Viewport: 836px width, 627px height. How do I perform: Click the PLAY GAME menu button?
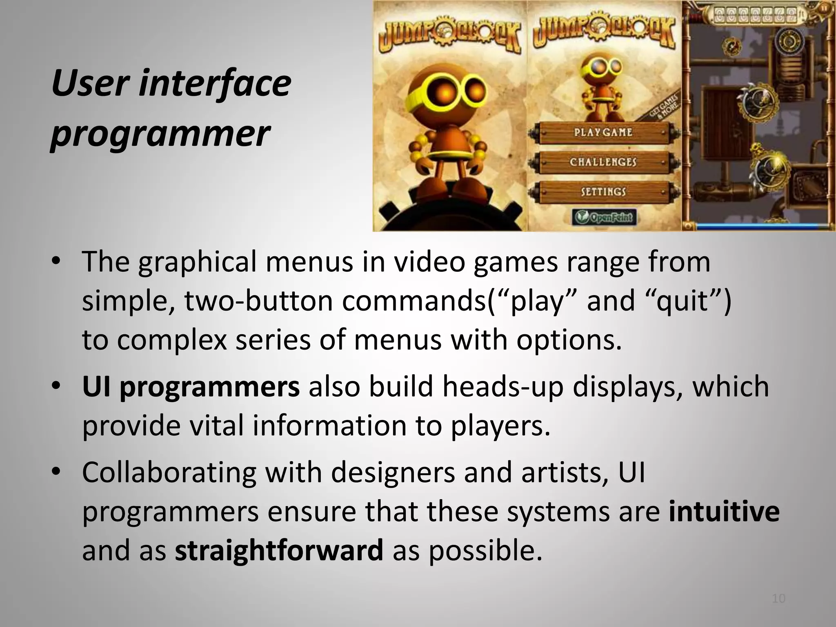[603, 133]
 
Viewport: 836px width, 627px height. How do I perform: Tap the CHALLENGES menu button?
[603, 162]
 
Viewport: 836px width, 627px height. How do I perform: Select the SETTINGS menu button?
[603, 191]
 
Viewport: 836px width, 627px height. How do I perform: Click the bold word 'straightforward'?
[279, 551]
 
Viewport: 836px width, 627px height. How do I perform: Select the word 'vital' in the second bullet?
[216, 425]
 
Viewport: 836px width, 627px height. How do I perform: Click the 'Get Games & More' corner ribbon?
[665, 106]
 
